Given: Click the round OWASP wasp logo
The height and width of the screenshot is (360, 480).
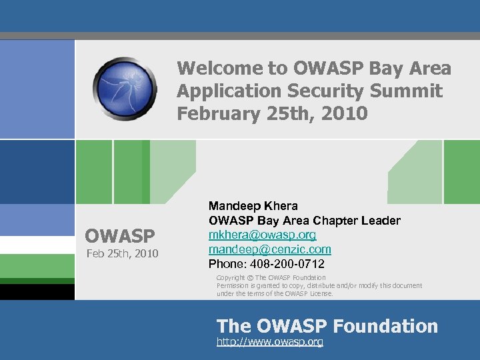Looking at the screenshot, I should coord(125,88).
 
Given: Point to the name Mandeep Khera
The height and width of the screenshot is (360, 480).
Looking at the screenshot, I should coord(253,206).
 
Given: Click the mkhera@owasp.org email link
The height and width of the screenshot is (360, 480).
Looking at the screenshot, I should coord(262,235).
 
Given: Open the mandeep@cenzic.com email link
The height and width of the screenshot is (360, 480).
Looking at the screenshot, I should coord(269,249).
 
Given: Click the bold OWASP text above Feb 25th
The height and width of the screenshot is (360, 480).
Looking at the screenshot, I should coord(119,236).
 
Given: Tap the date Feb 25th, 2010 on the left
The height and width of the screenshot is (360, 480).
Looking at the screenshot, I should coord(121,253).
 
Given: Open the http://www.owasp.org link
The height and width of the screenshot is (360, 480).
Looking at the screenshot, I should coord(269,341).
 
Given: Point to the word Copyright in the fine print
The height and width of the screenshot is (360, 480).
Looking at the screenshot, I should coord(231,277).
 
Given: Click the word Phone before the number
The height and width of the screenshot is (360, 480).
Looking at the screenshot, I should coord(225,264).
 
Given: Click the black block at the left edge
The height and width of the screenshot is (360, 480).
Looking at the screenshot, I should coord(37,292).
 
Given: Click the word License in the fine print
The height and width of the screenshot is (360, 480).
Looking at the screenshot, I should coord(319,293).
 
